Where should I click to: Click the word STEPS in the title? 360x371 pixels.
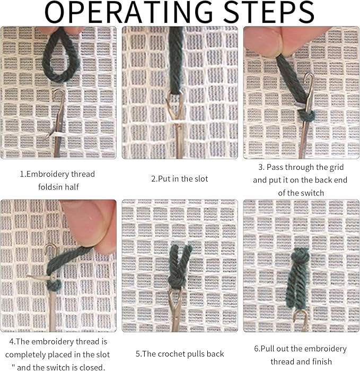pos(269,12)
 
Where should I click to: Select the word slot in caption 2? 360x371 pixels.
pos(201,179)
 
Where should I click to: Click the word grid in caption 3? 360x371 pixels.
pos(336,168)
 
